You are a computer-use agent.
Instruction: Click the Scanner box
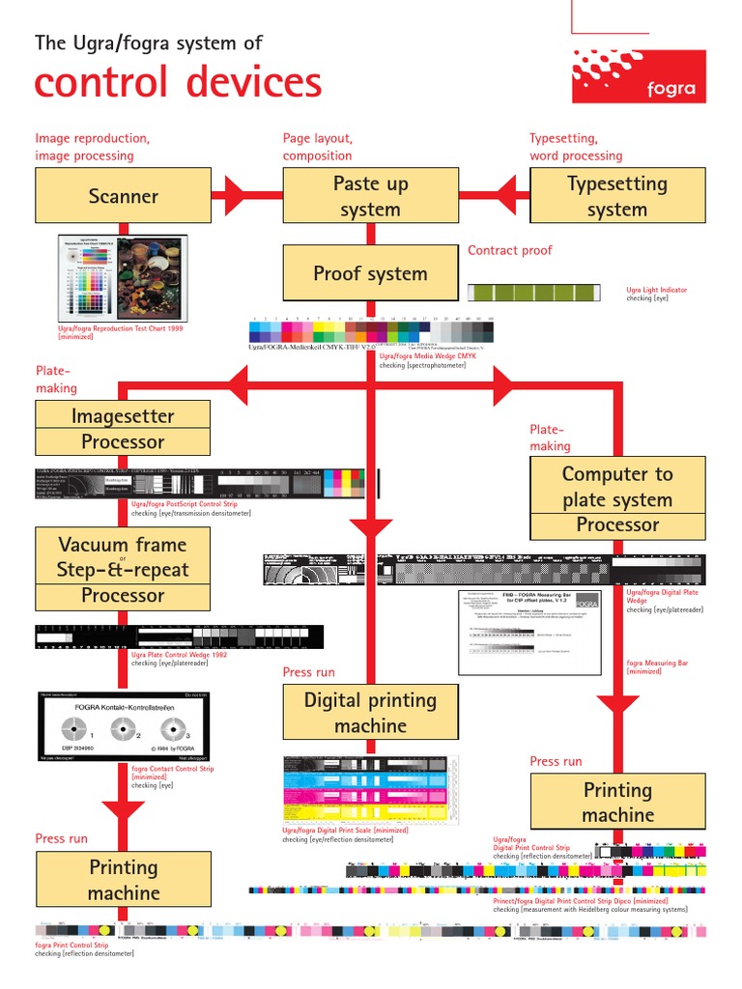click(123, 196)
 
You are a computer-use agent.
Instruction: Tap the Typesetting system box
click(617, 196)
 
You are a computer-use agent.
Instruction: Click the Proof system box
click(370, 273)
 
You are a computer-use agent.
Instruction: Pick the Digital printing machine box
click(370, 713)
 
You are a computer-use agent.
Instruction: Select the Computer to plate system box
click(617, 487)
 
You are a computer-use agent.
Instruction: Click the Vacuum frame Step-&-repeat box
click(123, 556)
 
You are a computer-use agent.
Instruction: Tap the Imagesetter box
click(123, 416)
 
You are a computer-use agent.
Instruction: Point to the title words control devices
click(179, 82)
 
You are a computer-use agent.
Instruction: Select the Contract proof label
click(509, 250)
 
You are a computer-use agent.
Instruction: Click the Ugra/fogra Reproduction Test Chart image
click(123, 278)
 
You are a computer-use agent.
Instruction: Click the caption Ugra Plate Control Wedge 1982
click(180, 654)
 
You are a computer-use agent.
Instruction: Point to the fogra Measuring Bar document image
click(528, 633)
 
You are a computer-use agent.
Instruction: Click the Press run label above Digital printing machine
click(308, 672)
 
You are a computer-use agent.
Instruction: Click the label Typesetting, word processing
click(576, 147)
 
